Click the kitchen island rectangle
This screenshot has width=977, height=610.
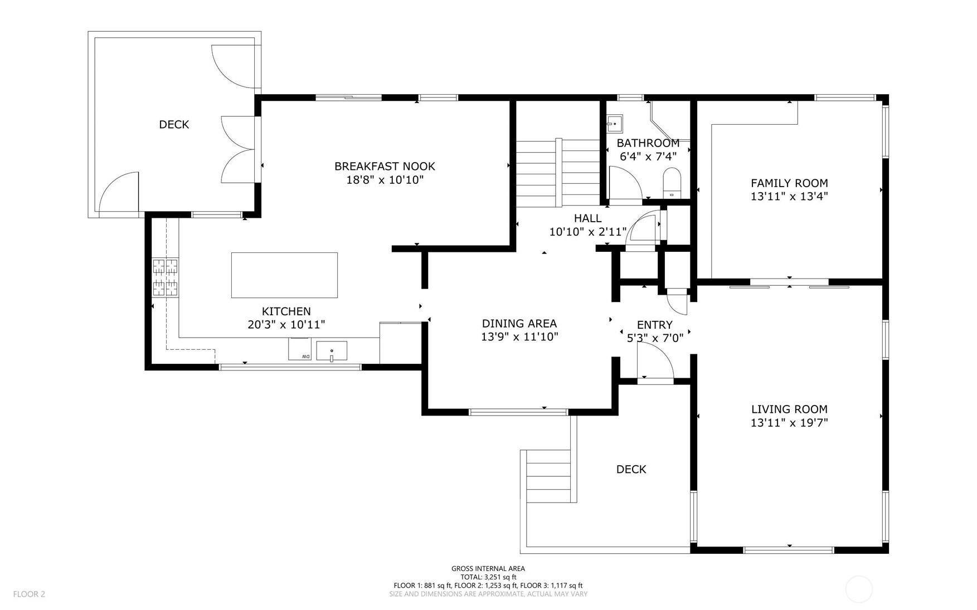(x=284, y=275)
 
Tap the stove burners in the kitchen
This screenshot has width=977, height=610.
(x=166, y=277)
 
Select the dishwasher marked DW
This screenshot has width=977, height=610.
(x=300, y=349)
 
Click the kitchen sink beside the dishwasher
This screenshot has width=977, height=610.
(x=332, y=351)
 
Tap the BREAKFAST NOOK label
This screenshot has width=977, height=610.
(x=385, y=166)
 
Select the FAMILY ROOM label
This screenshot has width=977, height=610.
(x=789, y=183)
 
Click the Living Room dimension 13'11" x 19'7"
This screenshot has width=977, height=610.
(x=789, y=423)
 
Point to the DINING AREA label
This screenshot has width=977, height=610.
(x=519, y=324)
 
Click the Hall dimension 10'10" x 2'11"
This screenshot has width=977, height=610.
(x=587, y=232)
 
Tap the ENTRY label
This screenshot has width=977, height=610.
(x=654, y=325)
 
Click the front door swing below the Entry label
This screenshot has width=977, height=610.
(x=655, y=362)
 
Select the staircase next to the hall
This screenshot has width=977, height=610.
(x=557, y=173)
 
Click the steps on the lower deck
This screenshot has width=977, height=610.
(x=549, y=476)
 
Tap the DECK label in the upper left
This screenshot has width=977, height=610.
(x=174, y=125)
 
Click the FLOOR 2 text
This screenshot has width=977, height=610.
(x=29, y=594)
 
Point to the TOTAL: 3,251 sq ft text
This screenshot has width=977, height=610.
(x=488, y=577)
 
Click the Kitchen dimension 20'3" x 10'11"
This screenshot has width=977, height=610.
(x=286, y=325)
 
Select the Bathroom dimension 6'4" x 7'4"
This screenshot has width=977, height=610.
(x=648, y=157)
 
